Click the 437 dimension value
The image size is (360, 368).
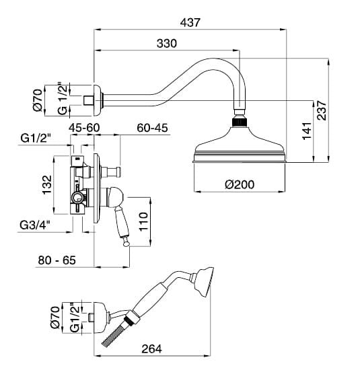pos(190,22)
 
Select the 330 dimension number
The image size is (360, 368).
pos(167,44)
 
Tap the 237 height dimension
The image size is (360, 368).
pos(322,110)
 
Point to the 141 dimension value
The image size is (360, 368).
pos(307,131)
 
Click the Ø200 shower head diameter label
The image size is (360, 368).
pos(240,184)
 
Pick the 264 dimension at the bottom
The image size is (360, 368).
pos(151,349)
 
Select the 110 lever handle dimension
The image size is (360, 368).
pos(143,222)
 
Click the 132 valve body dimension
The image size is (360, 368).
pos(46,185)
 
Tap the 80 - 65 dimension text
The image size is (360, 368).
pos(57,260)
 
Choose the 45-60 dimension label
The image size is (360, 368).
pos(84,128)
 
